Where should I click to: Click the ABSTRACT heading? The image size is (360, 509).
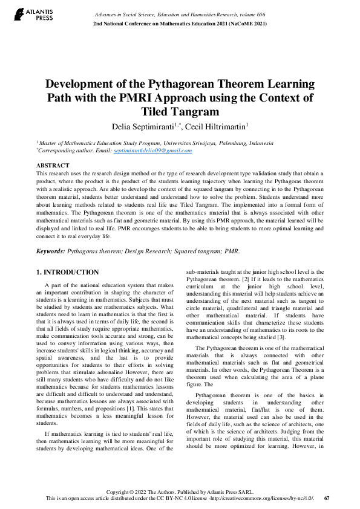53,165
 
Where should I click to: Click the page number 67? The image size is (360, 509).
327,498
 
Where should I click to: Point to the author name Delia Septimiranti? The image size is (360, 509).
142,126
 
